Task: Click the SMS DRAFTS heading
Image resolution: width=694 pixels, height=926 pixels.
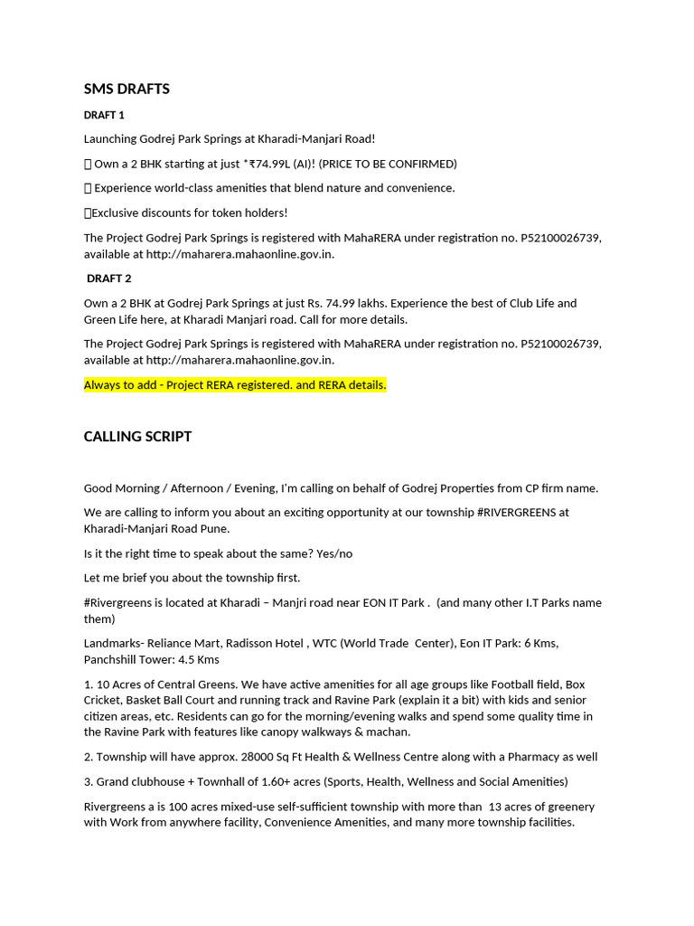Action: click(127, 89)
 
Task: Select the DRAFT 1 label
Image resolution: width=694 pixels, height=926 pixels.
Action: click(104, 115)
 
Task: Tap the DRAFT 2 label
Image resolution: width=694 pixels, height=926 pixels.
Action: click(108, 279)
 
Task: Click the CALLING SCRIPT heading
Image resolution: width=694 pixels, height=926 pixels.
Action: click(137, 437)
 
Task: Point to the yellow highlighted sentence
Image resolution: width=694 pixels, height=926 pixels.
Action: click(235, 385)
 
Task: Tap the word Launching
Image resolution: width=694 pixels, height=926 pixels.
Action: click(109, 139)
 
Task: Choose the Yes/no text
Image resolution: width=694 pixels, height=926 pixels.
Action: click(335, 553)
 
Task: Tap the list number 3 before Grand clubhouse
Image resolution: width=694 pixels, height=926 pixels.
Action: click(88, 781)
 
